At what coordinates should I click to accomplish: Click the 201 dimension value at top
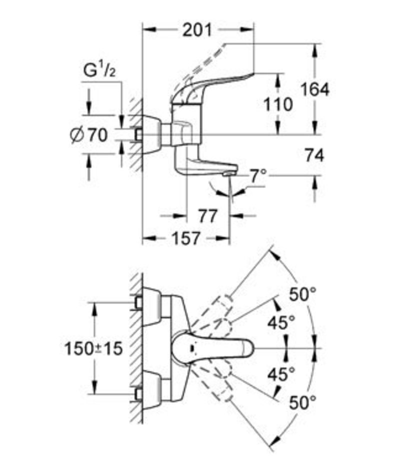(197, 30)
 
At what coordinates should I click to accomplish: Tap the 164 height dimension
(314, 89)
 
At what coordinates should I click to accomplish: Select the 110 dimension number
(278, 105)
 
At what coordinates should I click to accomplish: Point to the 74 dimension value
(314, 155)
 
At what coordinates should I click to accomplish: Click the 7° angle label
(258, 175)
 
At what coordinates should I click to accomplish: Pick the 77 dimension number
(208, 216)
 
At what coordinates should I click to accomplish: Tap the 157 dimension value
(186, 238)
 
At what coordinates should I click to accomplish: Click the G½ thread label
(99, 71)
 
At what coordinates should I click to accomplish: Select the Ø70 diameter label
(89, 135)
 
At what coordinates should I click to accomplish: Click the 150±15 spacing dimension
(93, 348)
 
